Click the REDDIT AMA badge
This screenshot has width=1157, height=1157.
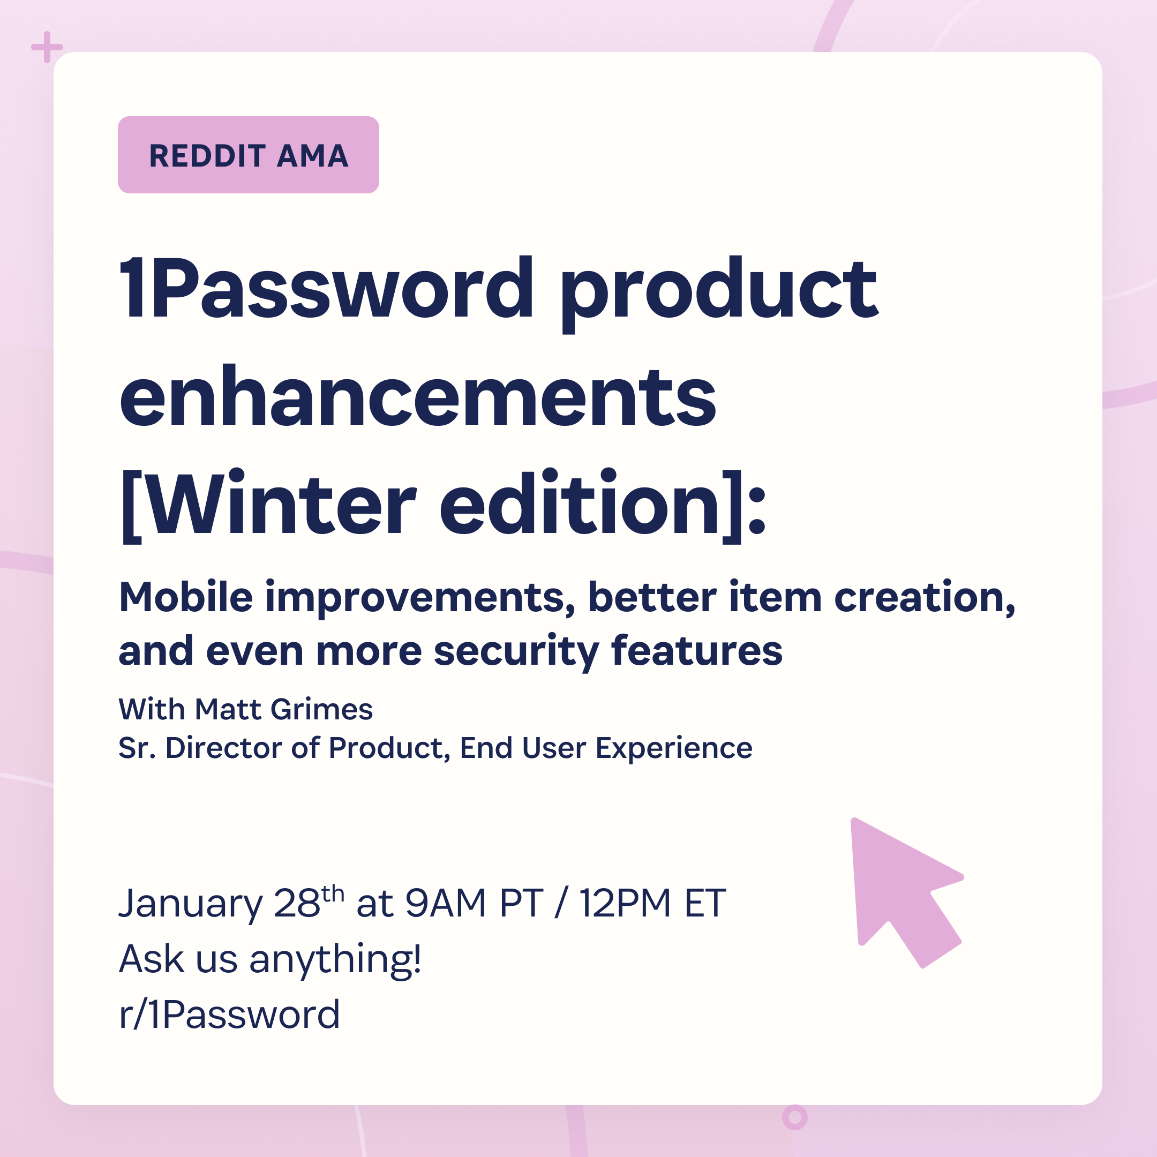(x=248, y=154)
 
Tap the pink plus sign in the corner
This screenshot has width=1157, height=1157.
(x=47, y=47)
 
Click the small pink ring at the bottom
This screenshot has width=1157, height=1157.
(x=795, y=1117)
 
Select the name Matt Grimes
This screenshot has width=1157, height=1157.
(x=284, y=709)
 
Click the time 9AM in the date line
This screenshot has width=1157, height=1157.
(x=445, y=903)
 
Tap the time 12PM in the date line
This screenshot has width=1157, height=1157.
(x=625, y=903)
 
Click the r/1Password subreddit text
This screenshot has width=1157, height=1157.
(x=229, y=1015)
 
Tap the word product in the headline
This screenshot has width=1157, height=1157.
(x=719, y=294)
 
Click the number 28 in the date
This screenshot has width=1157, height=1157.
(x=297, y=903)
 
